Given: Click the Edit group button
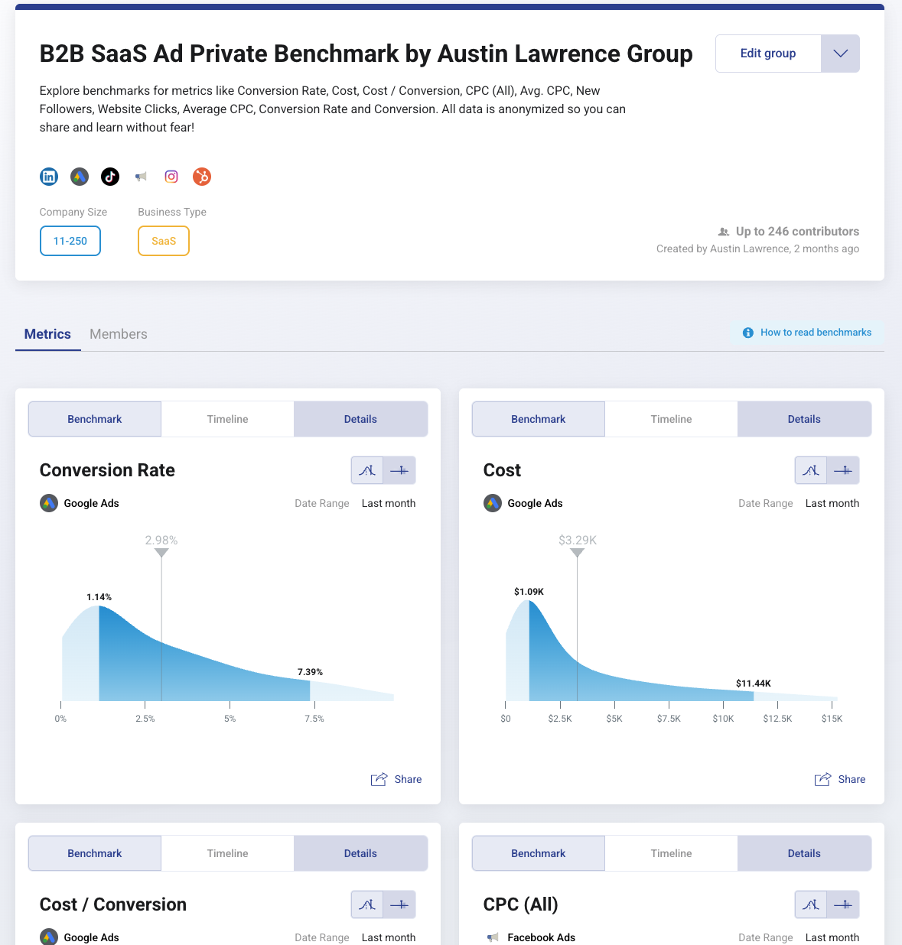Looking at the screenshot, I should click(x=767, y=54).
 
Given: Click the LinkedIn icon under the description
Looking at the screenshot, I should click(x=49, y=177).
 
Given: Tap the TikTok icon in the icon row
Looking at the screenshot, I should click(x=110, y=177).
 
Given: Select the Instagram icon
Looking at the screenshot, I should click(x=171, y=177).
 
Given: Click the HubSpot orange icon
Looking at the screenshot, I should click(x=202, y=177).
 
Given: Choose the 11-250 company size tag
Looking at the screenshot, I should click(x=70, y=241).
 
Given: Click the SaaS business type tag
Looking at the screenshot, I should click(x=164, y=241).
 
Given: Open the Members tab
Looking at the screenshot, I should click(x=119, y=334).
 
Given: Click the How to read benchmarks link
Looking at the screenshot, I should click(x=816, y=333).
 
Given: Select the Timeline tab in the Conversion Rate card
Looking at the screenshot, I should click(x=227, y=419).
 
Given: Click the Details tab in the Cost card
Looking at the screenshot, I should click(x=804, y=419).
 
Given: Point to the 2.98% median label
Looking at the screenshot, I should click(x=161, y=541).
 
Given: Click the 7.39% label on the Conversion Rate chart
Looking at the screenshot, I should click(x=310, y=672).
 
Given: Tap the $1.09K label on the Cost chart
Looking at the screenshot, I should click(x=529, y=592).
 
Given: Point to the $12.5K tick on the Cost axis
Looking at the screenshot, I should click(x=777, y=719).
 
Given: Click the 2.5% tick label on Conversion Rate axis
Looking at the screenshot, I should click(x=145, y=719).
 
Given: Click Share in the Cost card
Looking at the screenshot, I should click(x=841, y=779).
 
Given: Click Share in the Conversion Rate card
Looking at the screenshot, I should click(x=397, y=779).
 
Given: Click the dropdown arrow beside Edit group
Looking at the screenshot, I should click(x=840, y=54).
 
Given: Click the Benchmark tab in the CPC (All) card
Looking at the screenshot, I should click(x=538, y=853).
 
